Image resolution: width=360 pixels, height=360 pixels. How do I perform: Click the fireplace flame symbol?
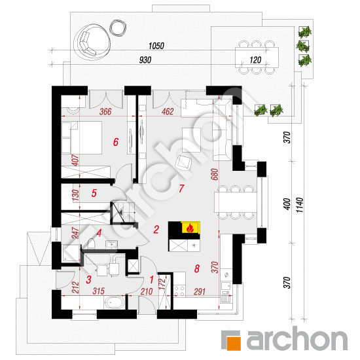[190, 228]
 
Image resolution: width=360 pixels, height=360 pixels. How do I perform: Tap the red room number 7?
[181, 189]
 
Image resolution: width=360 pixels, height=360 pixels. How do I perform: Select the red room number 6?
[116, 142]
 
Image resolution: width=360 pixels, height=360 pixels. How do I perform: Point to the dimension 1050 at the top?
[156, 46]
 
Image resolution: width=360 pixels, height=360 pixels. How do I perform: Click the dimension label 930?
[145, 60]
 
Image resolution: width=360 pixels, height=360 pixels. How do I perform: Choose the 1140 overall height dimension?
[300, 205]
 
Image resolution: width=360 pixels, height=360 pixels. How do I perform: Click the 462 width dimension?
[168, 111]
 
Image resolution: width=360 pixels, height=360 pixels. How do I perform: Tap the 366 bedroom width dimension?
[105, 111]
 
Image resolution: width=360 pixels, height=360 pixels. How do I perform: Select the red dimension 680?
[215, 174]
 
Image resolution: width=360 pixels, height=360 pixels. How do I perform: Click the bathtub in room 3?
[114, 302]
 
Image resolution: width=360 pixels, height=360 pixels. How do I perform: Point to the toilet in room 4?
[91, 243]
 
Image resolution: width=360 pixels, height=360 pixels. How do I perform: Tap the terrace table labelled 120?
[257, 58]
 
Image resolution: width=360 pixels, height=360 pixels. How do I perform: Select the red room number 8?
[197, 268]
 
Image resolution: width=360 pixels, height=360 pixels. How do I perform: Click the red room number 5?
[94, 193]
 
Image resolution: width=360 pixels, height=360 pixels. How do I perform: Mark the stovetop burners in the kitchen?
[179, 291]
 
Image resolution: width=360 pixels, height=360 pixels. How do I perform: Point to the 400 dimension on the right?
[287, 204]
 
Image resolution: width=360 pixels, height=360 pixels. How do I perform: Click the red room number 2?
[156, 229]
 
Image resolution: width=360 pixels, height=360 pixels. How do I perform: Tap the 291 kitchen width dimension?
[200, 291]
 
